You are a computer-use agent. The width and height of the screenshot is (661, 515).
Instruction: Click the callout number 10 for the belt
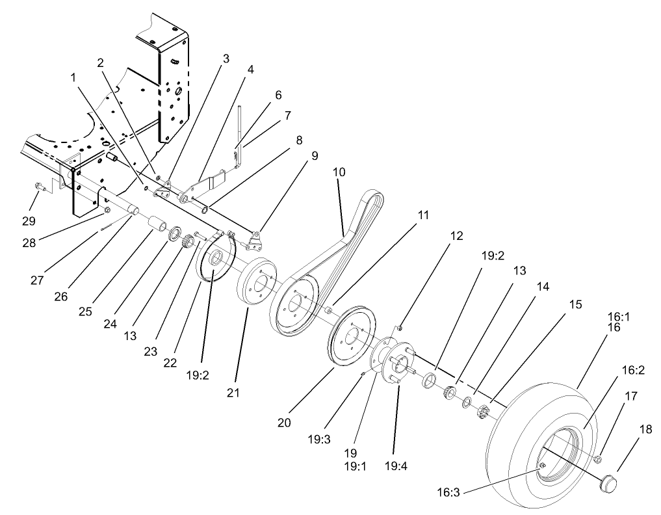coord(339,173)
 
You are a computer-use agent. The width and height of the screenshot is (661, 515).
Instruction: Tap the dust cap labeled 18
coord(608,482)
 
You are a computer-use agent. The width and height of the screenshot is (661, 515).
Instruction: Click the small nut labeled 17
coord(597,460)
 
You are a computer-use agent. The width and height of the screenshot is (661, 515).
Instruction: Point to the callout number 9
coord(314,155)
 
